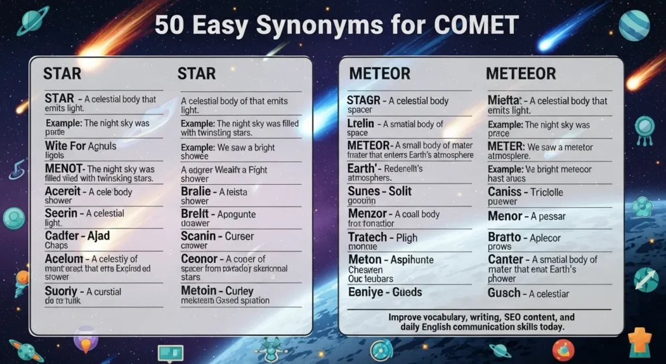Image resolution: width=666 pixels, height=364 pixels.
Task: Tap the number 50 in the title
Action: (170, 25)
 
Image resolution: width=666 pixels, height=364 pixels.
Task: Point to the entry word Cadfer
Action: (62, 235)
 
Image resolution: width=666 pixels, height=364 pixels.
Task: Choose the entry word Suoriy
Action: (61, 291)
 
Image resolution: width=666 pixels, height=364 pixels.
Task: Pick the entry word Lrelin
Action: (361, 124)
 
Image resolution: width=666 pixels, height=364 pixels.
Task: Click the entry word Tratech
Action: (367, 237)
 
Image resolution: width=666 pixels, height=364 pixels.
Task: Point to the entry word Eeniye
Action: (366, 292)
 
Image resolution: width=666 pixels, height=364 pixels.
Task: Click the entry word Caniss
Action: (505, 192)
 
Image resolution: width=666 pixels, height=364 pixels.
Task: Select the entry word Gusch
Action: (504, 293)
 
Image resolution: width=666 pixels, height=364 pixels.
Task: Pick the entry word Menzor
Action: (367, 214)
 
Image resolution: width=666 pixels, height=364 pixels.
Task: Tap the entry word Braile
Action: (196, 191)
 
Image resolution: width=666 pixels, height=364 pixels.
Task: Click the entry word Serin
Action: (62, 213)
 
